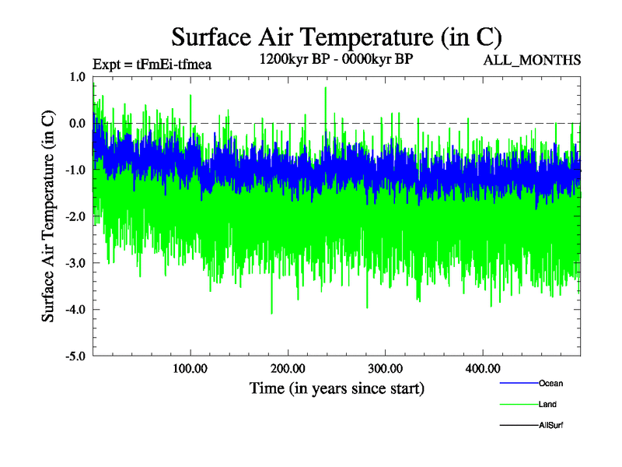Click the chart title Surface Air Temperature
pos(337,37)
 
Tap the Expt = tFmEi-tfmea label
pos(152,65)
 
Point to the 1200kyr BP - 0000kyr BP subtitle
pos(336,60)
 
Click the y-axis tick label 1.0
pos(77,77)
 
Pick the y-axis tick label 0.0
pos(77,124)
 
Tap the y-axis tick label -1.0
pos(75,170)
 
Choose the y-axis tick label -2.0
pos(75,216)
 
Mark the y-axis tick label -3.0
pos(75,263)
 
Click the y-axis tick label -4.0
pos(75,310)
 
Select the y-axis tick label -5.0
pos(75,356)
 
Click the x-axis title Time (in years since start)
pos(337,388)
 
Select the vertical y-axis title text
pos(48,216)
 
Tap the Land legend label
pos(547,404)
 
